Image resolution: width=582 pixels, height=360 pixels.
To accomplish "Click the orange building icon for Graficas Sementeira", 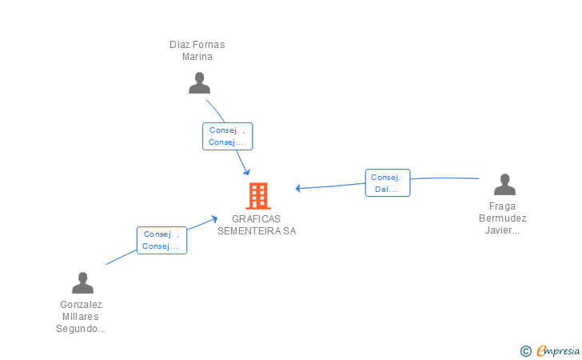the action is click(x=258, y=196).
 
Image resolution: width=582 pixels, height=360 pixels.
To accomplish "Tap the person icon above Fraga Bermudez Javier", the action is click(x=504, y=184).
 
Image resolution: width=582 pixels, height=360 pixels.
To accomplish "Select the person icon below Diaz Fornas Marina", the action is click(x=199, y=83).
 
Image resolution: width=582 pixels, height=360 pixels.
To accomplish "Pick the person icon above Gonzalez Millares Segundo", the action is click(x=82, y=282).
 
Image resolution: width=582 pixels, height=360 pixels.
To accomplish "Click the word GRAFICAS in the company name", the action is click(x=256, y=219).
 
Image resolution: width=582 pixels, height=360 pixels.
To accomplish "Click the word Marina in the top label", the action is click(x=197, y=57).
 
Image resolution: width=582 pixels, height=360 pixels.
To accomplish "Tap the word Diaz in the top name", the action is click(x=177, y=45).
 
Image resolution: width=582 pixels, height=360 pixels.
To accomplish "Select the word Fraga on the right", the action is click(x=502, y=206).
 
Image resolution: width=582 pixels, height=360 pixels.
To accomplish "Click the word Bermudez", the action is click(x=503, y=218).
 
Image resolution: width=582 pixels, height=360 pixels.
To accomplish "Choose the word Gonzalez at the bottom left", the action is click(x=81, y=305).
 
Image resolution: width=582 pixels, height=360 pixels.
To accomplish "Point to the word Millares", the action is click(x=80, y=317).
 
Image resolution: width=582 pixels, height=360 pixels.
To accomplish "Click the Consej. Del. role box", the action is click(x=388, y=182).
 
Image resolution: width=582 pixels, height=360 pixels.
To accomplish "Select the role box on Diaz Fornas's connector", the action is click(x=228, y=136).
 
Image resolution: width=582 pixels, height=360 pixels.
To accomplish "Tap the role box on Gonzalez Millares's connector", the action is click(x=161, y=240).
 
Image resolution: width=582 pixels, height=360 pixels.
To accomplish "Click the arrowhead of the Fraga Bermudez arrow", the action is click(x=297, y=188).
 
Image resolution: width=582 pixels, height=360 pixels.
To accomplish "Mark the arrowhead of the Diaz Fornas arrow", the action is click(x=247, y=172).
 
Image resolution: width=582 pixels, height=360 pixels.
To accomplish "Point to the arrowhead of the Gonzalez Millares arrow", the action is click(x=214, y=219).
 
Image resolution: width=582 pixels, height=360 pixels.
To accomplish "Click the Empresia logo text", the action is click(x=558, y=351).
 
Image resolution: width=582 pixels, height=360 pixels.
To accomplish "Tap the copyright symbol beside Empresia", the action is click(x=525, y=351).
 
